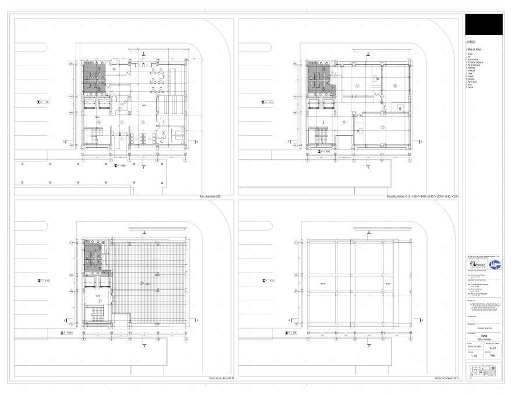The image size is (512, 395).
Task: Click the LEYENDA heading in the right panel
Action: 471,42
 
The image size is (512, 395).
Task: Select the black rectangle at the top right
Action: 483,24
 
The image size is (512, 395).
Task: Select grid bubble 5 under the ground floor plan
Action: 185,159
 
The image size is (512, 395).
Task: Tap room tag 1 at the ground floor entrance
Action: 121,139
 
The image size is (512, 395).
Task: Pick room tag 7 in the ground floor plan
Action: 163,122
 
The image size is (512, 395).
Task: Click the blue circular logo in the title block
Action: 494,264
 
